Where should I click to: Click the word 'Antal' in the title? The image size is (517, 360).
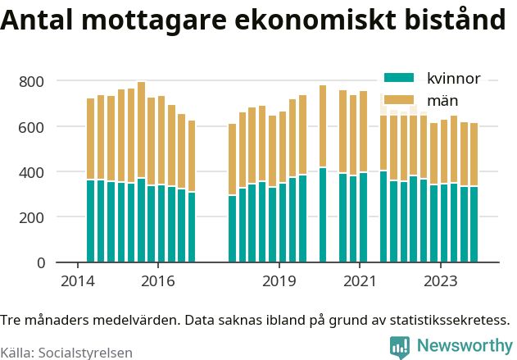37,20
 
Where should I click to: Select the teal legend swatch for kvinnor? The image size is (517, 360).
399,78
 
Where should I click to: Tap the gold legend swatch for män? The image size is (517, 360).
399,100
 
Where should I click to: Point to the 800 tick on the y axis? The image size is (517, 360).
32,82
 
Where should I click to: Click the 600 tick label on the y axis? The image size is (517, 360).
32,127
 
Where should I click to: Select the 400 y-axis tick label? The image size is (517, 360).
32,172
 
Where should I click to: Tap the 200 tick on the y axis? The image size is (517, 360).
32,217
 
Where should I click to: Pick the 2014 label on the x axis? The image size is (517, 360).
78,281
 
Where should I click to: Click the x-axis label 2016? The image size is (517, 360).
158,281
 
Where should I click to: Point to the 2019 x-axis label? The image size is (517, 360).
279,281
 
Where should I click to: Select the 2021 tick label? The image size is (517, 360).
360,281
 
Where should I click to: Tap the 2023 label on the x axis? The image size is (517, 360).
441,281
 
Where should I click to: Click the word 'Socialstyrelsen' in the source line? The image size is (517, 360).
86,353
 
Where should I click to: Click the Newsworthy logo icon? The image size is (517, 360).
400,348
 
